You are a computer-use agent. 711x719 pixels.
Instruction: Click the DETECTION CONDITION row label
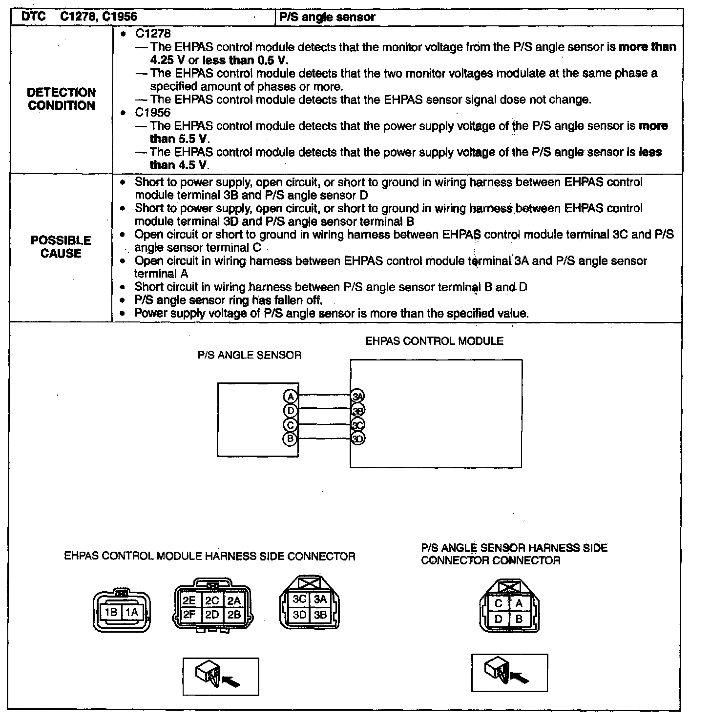(x=61, y=99)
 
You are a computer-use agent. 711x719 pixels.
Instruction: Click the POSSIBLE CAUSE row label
(x=61, y=247)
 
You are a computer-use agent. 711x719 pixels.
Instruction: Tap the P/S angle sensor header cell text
(x=327, y=17)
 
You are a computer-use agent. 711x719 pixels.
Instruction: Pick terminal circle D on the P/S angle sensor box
(x=290, y=410)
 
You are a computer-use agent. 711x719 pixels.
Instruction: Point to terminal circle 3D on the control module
(x=358, y=439)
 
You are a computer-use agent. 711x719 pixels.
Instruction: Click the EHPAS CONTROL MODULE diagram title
(x=434, y=341)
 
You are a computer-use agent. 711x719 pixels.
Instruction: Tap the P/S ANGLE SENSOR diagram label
(x=250, y=355)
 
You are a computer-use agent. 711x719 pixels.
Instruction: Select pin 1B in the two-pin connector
(x=111, y=612)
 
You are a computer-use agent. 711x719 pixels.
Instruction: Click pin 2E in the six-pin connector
(x=189, y=600)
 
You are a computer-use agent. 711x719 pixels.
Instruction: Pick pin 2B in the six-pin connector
(x=234, y=615)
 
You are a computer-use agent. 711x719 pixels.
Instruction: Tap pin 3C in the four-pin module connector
(x=299, y=599)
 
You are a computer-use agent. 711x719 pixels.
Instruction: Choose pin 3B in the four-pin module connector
(x=320, y=615)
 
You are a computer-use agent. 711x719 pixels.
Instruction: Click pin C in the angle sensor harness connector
(x=499, y=603)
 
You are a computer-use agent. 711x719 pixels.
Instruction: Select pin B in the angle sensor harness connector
(x=519, y=619)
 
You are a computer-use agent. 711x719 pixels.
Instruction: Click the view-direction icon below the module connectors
(x=220, y=676)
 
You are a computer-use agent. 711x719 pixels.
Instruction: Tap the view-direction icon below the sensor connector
(x=509, y=672)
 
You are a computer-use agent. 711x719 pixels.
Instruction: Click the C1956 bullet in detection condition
(x=152, y=112)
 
